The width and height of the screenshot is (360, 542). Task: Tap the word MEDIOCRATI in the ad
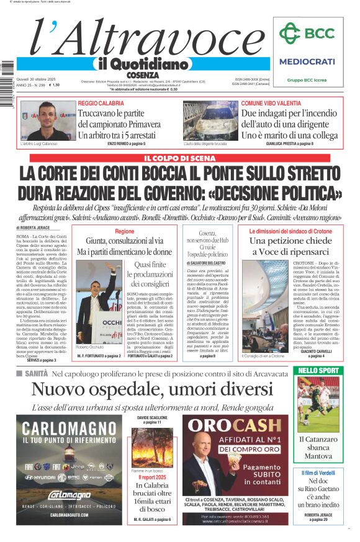point(307,61)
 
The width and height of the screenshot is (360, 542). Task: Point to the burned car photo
point(210,120)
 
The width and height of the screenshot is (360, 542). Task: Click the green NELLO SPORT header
point(318,370)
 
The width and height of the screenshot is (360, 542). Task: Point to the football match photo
point(318,404)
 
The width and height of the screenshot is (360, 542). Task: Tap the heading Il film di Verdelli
point(318,473)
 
